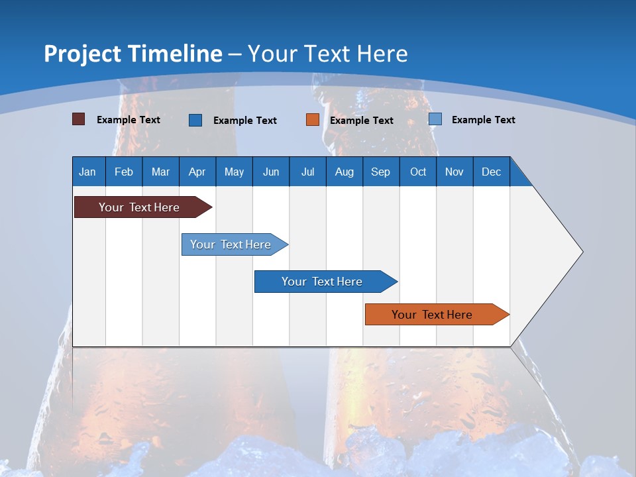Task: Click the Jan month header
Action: pos(88,172)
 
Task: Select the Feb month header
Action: pos(124,172)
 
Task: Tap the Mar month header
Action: pos(160,172)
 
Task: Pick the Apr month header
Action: pos(197,172)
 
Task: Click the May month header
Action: pos(234,172)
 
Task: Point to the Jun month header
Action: pos(271,172)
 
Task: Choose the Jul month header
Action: pos(307,172)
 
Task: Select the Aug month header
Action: pos(344,172)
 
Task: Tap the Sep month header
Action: pos(381,172)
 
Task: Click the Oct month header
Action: pos(418,172)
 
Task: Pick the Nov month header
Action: pos(454,172)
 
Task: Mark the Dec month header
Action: pos(492,172)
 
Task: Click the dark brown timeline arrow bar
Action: pos(139,207)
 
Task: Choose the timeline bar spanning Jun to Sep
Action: pos(323,282)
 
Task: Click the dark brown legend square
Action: pos(79,119)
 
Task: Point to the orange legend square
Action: pos(313,120)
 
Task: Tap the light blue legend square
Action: pos(435,119)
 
